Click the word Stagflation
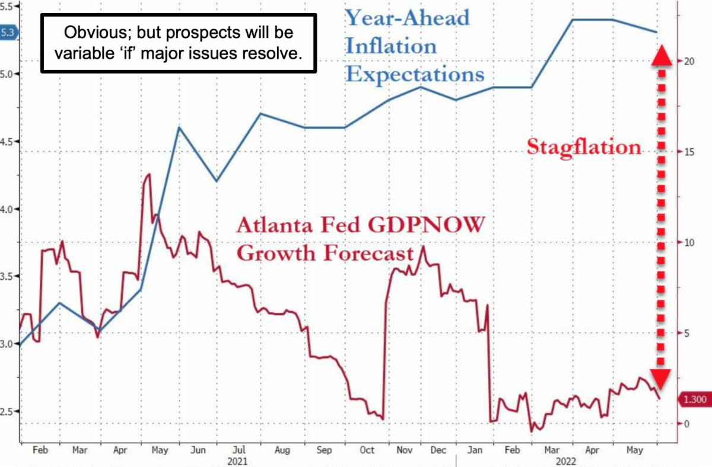point(584,146)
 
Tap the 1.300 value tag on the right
point(694,400)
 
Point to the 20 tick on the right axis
point(687,61)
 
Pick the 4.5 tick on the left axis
point(9,142)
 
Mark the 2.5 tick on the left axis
point(9,411)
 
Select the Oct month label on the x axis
point(368,450)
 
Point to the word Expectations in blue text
point(415,75)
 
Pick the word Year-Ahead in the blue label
point(407,17)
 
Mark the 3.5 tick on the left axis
point(9,276)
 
